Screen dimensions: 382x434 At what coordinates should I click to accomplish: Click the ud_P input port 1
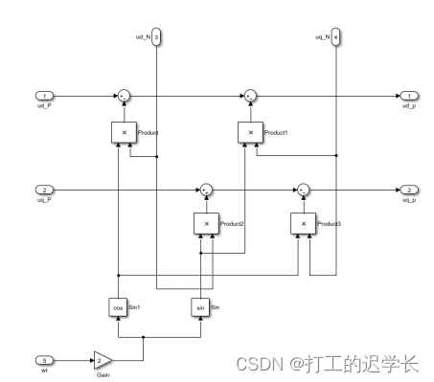click(x=44, y=96)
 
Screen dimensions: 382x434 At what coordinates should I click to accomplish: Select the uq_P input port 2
click(x=44, y=190)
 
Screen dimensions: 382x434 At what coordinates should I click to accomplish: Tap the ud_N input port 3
click(x=157, y=37)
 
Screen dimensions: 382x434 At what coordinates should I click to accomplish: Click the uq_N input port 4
click(x=337, y=37)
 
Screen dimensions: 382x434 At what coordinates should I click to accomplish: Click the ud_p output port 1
click(x=407, y=96)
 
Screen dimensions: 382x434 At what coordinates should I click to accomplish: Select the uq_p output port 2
click(x=407, y=190)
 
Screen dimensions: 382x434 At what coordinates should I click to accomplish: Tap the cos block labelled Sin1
click(x=118, y=308)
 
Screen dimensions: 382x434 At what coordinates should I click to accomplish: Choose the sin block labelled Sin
click(x=201, y=308)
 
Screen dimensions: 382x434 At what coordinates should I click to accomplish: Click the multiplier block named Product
click(x=124, y=131)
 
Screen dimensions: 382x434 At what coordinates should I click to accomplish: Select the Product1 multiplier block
click(x=250, y=131)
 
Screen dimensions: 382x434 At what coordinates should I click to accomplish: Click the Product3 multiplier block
click(x=303, y=224)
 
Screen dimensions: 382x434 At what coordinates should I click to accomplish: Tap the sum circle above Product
click(x=124, y=96)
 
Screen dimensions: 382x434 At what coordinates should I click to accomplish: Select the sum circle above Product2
click(x=205, y=190)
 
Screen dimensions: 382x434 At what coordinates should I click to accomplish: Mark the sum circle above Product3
click(x=303, y=190)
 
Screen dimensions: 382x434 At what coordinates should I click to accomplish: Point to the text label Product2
click(x=233, y=224)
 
